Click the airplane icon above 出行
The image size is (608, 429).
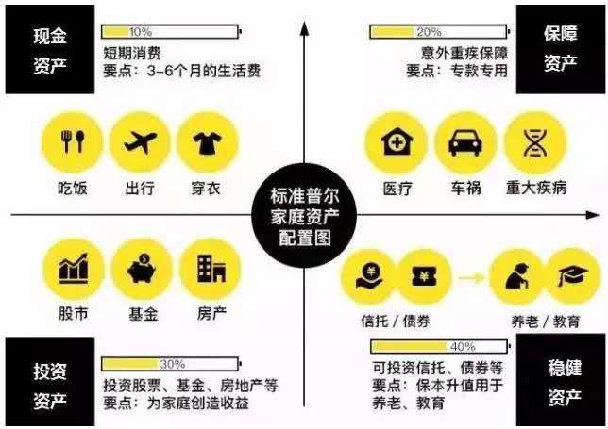(141, 141)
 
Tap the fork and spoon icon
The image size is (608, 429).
(73, 141)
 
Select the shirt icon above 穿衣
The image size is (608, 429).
(208, 143)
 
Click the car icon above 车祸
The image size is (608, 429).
(465, 142)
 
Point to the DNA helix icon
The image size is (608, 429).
(535, 142)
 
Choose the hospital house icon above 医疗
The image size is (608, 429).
(397, 141)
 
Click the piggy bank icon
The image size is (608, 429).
(142, 269)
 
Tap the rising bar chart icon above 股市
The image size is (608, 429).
(74, 269)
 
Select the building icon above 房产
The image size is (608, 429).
(211, 269)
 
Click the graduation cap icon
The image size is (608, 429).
(573, 275)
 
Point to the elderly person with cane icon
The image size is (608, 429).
(516, 275)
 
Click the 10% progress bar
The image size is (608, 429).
(172, 32)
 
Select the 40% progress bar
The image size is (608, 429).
(440, 347)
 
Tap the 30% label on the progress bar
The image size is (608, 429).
(173, 364)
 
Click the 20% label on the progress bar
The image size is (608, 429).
(429, 32)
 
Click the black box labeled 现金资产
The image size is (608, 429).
(50, 49)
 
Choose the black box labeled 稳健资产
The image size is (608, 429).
(560, 380)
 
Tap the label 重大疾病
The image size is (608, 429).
(536, 189)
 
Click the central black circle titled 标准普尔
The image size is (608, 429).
(304, 216)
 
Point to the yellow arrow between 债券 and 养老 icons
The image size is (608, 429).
(471, 277)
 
